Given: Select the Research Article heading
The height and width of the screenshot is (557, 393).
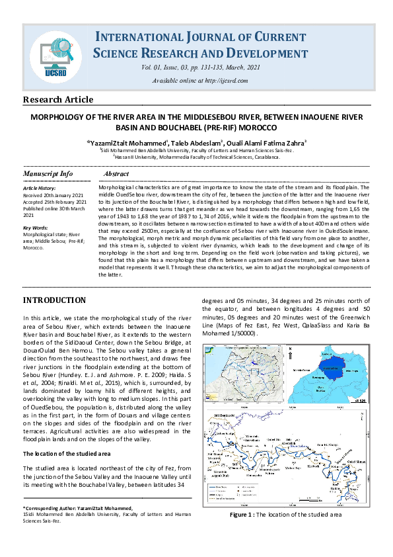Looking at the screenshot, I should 58,100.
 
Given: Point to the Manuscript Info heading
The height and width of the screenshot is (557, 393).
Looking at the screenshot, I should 48,173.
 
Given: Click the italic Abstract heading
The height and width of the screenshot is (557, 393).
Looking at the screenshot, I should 116,173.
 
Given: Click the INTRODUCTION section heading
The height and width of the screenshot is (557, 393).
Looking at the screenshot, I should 54,300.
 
